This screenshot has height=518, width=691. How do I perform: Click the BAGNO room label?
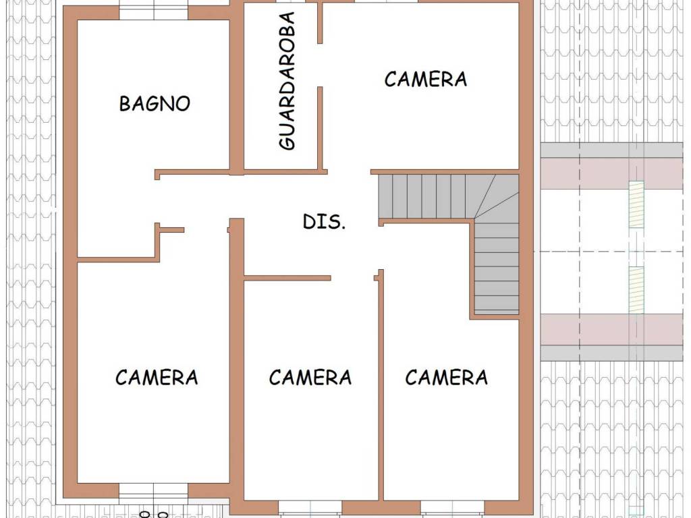click(x=155, y=103)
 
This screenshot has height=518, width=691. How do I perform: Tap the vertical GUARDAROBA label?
click(x=287, y=81)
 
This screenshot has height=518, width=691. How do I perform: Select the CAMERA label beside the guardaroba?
click(x=425, y=80)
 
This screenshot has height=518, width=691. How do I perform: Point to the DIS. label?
click(x=324, y=221)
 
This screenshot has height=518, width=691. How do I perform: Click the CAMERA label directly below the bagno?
click(x=157, y=378)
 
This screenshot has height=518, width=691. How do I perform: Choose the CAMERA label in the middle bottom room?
click(x=310, y=378)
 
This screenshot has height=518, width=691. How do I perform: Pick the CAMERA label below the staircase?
click(x=447, y=378)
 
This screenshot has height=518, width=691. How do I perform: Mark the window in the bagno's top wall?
click(x=154, y=12)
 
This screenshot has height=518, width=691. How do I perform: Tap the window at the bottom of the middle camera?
click(x=310, y=507)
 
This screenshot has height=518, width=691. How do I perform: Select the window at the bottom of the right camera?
click(x=453, y=507)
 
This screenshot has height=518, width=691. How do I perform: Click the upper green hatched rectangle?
click(x=636, y=204)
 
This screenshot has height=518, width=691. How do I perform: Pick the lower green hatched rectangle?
click(x=636, y=290)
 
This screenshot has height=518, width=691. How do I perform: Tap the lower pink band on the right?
click(x=611, y=329)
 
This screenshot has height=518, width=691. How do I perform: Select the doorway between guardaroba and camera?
click(x=321, y=65)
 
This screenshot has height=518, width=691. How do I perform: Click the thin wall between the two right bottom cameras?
click(x=381, y=384)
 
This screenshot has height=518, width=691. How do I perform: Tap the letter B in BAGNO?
click(x=125, y=103)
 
